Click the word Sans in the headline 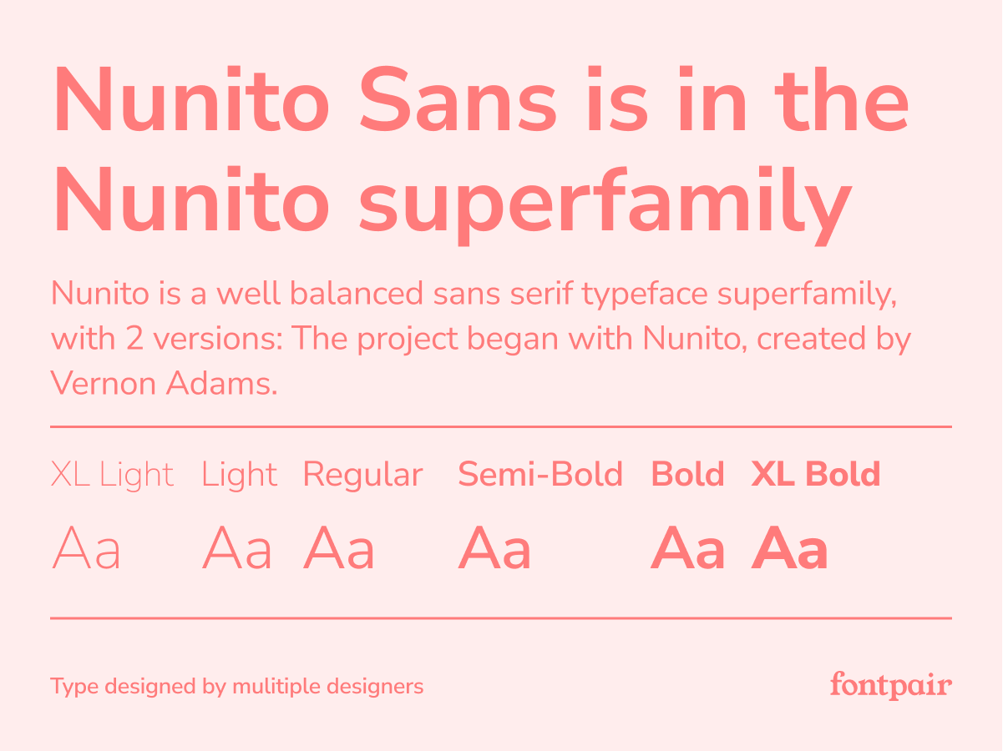(x=458, y=99)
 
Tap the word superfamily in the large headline (x=605, y=206)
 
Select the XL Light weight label (x=112, y=476)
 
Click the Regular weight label (x=362, y=476)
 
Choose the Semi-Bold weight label (x=540, y=474)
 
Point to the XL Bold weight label (x=816, y=474)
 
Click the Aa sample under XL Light (x=86, y=547)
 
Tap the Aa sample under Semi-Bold (x=494, y=547)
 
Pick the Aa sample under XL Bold (x=789, y=547)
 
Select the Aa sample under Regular (x=338, y=547)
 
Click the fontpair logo (x=891, y=685)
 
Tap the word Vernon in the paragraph (x=104, y=383)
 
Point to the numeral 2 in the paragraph (x=134, y=338)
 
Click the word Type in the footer (x=74, y=687)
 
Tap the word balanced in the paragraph (x=357, y=293)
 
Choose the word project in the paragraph (x=408, y=340)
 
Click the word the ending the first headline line (x=842, y=99)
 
